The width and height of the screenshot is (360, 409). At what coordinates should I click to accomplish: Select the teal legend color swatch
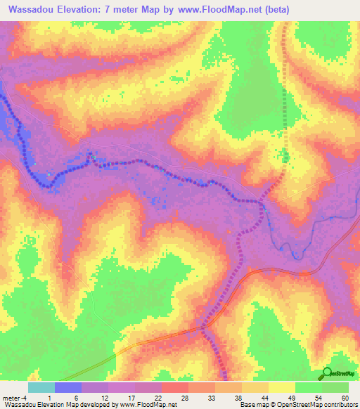(41, 387)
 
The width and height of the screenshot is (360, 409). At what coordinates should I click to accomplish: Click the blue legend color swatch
(67, 387)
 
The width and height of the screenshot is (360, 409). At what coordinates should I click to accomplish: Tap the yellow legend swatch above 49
(281, 387)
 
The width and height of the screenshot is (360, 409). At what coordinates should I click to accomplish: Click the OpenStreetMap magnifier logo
(328, 374)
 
